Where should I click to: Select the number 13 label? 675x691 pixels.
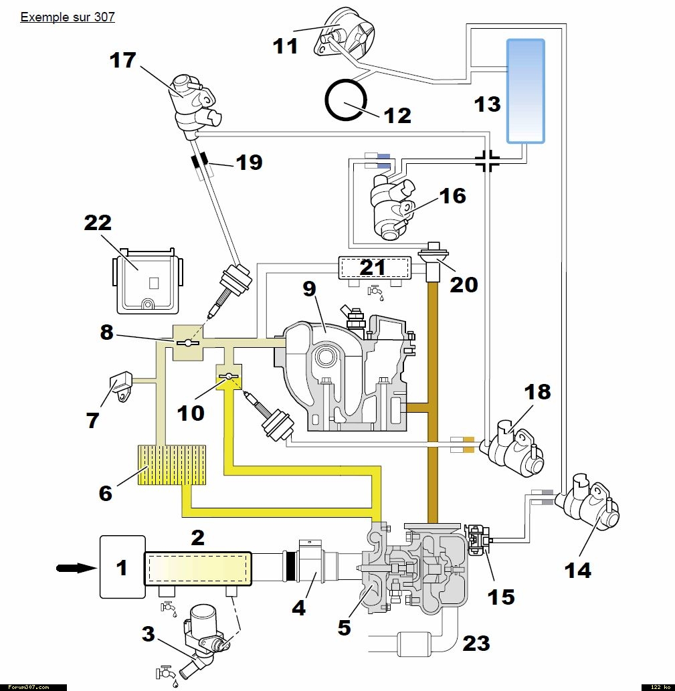[487, 104]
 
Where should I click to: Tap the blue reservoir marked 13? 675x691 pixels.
[525, 91]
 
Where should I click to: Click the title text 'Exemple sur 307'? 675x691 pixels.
[68, 17]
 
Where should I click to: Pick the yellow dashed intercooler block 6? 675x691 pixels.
[173, 465]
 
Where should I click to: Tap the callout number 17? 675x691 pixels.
[123, 60]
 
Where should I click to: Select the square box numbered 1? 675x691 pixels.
[122, 567]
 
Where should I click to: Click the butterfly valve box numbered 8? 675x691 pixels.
[188, 342]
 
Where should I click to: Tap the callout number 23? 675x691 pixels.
[476, 643]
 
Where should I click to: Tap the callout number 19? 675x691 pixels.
[248, 162]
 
